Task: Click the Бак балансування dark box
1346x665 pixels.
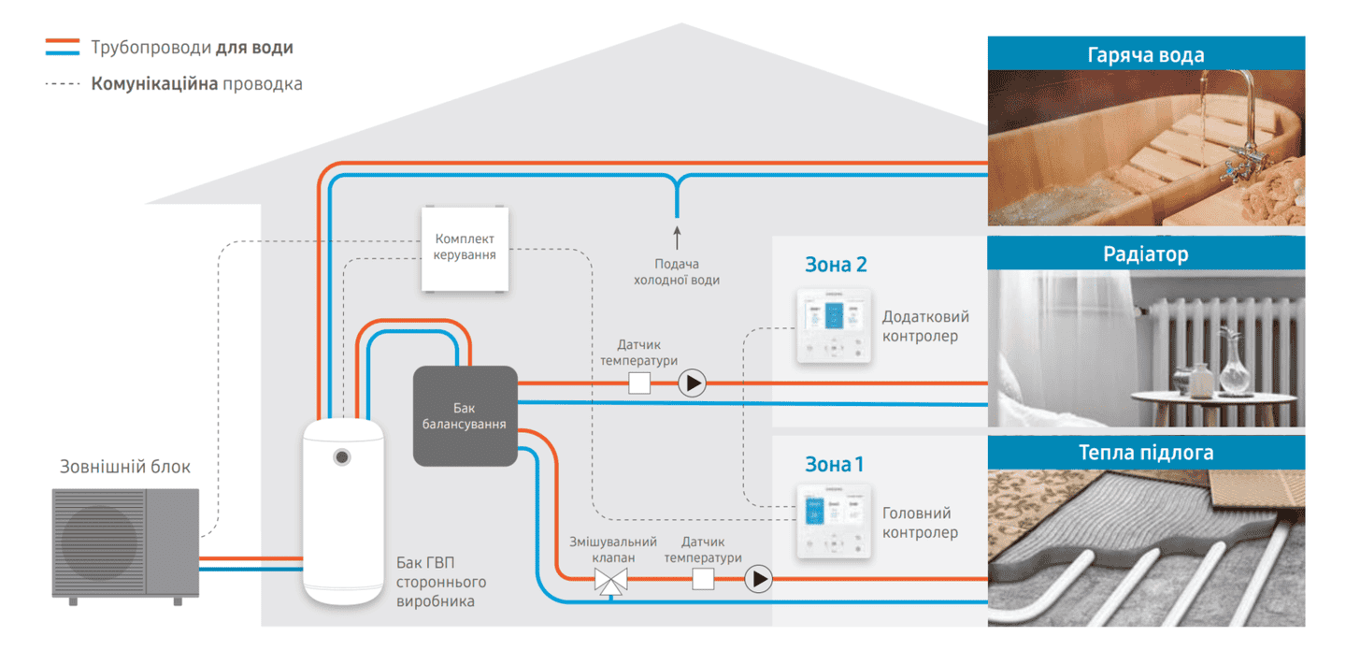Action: pos(465,416)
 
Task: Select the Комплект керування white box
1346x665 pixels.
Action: pos(465,248)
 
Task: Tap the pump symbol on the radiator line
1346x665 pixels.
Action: pos(692,383)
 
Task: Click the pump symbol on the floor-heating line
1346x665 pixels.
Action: pos(758,579)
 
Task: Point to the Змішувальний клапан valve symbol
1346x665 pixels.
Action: pos(611,581)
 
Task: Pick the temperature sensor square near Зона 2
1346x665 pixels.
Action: pos(639,383)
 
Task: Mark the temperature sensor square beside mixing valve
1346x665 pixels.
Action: pos(703,579)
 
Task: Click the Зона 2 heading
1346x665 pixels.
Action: pos(836,265)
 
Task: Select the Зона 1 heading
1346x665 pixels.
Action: pos(835,464)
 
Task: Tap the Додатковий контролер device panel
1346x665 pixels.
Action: pos(834,325)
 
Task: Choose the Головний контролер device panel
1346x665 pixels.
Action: pos(834,522)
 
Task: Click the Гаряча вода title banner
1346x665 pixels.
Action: pos(1146,54)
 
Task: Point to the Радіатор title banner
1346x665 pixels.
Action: pos(1146,253)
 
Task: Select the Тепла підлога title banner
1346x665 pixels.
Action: pos(1146,453)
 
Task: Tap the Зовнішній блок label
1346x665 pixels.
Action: pos(125,466)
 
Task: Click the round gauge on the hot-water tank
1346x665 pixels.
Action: pos(343,457)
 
